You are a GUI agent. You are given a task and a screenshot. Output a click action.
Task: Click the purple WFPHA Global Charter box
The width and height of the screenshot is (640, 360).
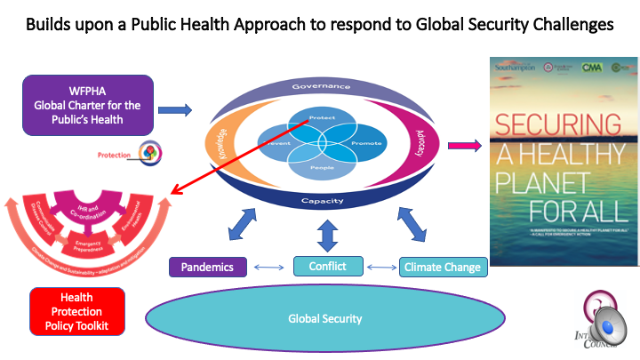coord(88,105)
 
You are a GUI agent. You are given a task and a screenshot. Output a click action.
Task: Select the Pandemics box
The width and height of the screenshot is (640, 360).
coord(207,267)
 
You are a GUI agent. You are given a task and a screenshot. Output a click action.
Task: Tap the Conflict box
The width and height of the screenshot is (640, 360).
coord(328,265)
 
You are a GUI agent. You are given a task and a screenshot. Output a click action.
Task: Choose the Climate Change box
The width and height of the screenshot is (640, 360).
coord(442,267)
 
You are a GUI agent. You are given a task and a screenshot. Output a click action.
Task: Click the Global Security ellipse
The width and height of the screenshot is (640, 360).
coord(324,318)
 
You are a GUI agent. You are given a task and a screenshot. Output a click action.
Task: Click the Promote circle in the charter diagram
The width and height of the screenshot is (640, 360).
coord(364,143)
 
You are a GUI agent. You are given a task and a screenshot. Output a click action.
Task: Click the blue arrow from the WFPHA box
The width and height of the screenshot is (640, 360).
coord(175,110)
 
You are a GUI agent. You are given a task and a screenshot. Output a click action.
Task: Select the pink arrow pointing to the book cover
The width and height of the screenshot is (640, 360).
coord(462,143)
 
